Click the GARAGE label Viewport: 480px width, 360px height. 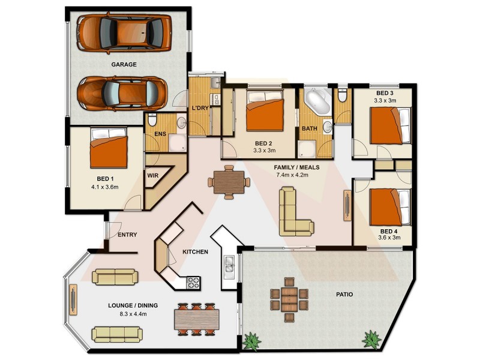pyautogui.click(x=124, y=64)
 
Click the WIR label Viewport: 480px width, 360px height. pyautogui.click(x=152, y=176)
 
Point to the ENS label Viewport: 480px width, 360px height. pyautogui.click(x=160, y=134)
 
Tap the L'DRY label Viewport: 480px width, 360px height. pyautogui.click(x=200, y=109)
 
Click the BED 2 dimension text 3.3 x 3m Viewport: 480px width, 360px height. pyautogui.click(x=264, y=151)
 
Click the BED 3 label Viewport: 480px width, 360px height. pyautogui.click(x=385, y=93)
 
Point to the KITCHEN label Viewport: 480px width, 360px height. pyautogui.click(x=195, y=251)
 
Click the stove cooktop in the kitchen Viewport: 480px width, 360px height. pyautogui.click(x=194, y=280)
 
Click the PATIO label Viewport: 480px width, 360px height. pyautogui.click(x=344, y=295)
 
